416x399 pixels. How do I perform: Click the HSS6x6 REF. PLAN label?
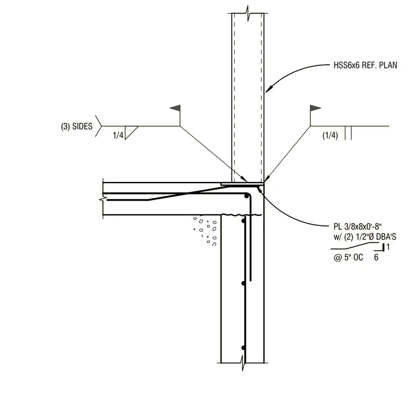pos(365,65)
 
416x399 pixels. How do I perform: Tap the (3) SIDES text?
pos(77,126)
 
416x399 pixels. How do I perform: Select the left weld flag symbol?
pos(175,108)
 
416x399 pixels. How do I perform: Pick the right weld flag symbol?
pos(315,108)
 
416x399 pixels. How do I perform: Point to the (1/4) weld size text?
pos(330,135)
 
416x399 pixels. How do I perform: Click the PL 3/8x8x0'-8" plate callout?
pos(357,226)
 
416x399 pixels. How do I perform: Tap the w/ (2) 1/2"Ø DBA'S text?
pos(365,237)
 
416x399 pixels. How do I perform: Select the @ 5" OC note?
pos(348,257)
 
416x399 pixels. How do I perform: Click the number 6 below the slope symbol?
pos(376,257)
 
